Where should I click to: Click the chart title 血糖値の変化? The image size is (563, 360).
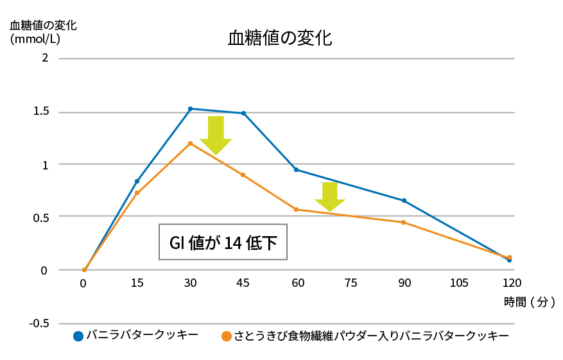pos(280,37)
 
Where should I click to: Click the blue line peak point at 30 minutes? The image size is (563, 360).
pos(191,108)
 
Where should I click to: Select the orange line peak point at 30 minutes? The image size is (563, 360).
pos(191,143)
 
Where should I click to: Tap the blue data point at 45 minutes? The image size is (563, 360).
pos(243,113)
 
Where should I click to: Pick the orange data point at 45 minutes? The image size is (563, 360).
pos(243,175)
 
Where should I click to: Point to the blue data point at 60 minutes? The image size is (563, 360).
pos(296,169)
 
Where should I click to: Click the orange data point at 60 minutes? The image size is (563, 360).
pos(296,209)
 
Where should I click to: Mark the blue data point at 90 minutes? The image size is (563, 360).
pos(404,200)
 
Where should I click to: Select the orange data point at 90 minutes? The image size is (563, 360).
pos(404,222)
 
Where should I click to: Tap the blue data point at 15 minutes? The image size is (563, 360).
pos(137,181)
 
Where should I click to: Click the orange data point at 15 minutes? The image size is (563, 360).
pos(137,193)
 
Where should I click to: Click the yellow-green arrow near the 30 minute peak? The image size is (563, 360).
pos(216,135)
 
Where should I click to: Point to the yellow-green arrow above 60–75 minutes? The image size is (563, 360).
pos(330,196)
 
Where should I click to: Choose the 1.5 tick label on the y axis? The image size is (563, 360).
pos(40,112)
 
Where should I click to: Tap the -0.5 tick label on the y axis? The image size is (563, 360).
pos(39,323)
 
